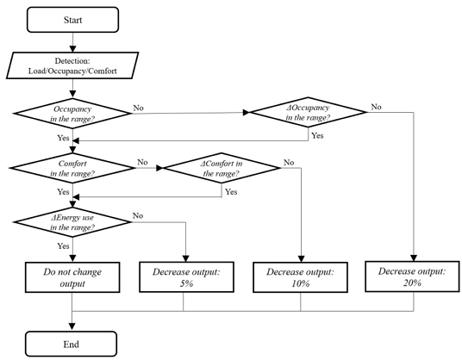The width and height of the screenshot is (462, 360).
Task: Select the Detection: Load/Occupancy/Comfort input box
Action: (x=73, y=65)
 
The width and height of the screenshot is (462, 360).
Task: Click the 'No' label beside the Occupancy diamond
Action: (x=139, y=109)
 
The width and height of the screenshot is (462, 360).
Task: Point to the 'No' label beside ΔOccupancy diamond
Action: (x=376, y=107)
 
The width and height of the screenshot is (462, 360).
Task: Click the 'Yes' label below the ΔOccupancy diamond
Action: (x=317, y=136)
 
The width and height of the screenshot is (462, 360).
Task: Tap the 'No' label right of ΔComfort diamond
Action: (x=289, y=160)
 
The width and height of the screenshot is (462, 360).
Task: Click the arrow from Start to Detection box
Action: (x=73, y=40)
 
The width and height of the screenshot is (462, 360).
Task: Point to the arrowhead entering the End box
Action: (x=73, y=325)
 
